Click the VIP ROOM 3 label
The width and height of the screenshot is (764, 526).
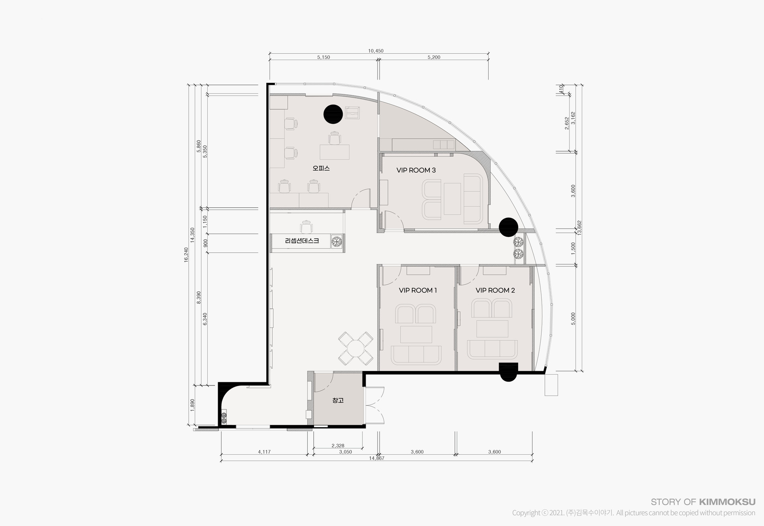(x=416, y=170)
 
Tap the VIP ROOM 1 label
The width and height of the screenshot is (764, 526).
(x=418, y=291)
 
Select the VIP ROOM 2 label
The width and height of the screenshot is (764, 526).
(x=495, y=291)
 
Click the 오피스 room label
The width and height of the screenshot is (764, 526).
(x=321, y=168)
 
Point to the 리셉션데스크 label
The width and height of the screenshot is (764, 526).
(x=302, y=241)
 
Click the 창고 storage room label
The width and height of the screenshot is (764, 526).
(x=338, y=400)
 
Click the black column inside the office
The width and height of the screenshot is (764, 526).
(x=333, y=115)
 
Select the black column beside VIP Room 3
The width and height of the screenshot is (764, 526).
(x=509, y=227)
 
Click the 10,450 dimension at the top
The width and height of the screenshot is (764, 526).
(x=376, y=51)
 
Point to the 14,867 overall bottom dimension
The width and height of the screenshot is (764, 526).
(x=376, y=458)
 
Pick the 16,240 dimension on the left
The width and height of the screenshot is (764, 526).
(x=186, y=255)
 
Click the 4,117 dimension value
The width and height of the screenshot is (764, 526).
(x=264, y=452)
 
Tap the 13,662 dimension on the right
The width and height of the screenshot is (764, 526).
(x=579, y=229)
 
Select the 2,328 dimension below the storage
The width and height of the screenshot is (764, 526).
(x=338, y=446)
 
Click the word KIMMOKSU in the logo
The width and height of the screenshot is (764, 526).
(x=727, y=502)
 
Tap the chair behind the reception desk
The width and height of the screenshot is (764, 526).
(x=306, y=227)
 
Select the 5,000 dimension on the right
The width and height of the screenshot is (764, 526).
(x=573, y=319)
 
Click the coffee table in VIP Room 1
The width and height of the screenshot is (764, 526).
(x=416, y=334)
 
